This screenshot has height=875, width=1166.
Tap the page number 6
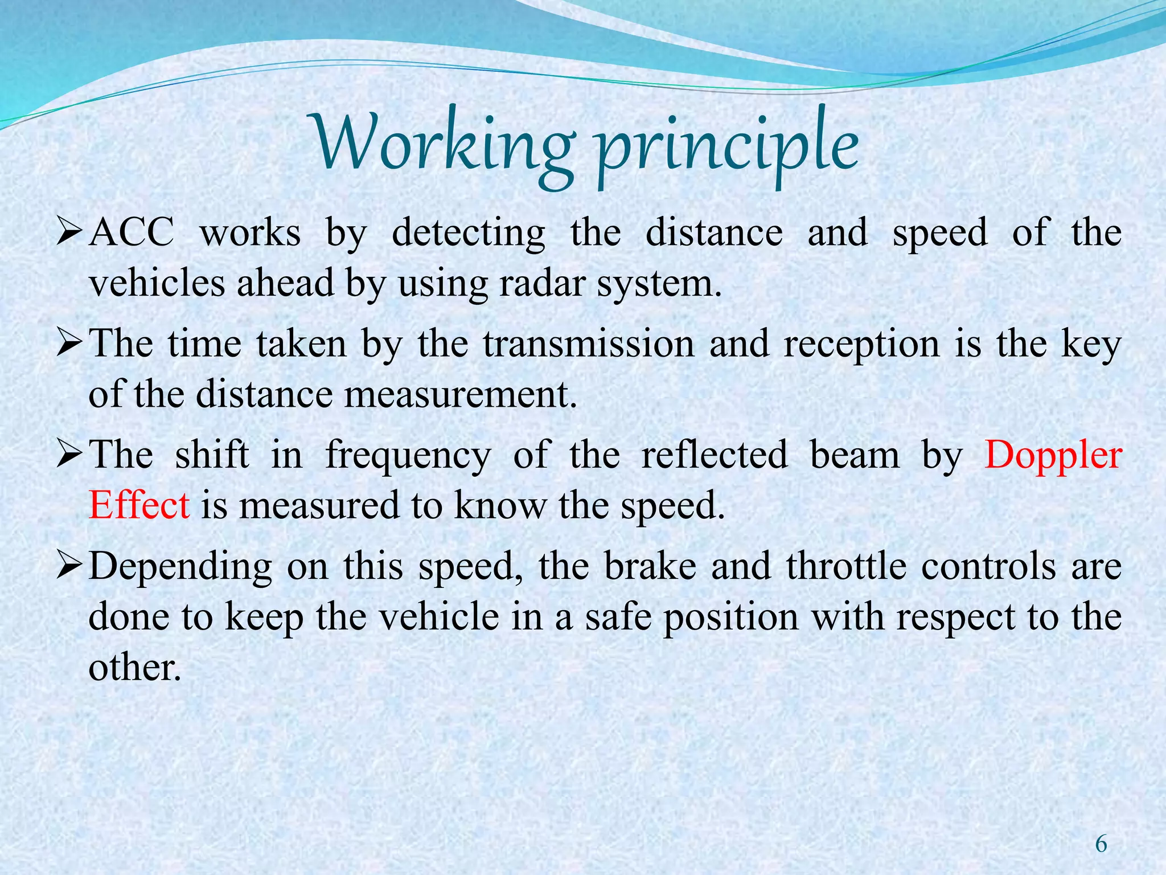point(1101,844)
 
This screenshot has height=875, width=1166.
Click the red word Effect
point(139,505)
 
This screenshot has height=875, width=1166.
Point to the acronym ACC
point(132,233)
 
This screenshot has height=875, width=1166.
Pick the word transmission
point(589,344)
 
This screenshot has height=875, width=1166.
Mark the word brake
point(650,566)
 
